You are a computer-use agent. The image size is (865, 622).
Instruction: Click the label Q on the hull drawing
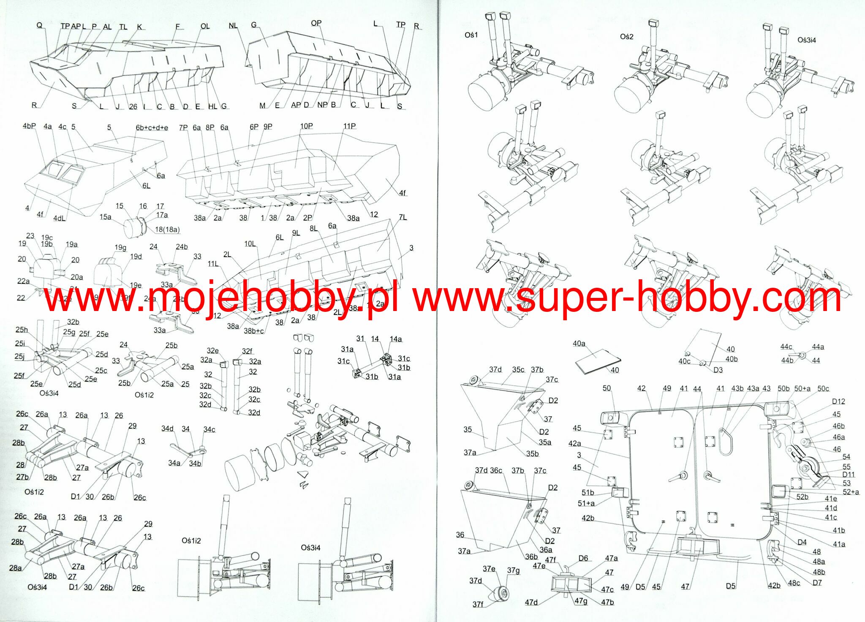point(39,25)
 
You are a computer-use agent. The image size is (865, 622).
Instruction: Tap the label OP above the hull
point(316,23)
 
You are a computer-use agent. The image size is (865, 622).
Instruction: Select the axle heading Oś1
point(471,35)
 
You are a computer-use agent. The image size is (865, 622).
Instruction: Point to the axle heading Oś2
point(626,37)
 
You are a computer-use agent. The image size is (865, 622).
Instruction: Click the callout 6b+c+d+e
point(152,128)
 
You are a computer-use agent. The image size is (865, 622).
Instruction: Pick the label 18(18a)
point(167,229)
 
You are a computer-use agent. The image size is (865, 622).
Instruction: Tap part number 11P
point(349,126)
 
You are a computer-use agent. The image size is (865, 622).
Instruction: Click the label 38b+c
point(253,331)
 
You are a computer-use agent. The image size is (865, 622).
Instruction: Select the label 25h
point(22,330)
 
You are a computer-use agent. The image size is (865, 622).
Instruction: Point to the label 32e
point(212,351)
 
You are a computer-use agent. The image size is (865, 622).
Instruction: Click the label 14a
point(396,339)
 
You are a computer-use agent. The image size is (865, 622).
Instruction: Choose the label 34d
point(167,429)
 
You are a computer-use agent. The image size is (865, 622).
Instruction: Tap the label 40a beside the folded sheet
point(579,344)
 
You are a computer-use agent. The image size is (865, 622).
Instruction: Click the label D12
point(838,401)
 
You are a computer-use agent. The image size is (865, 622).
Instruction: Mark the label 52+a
point(851,492)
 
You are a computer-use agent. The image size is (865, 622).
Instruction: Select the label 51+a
point(586,503)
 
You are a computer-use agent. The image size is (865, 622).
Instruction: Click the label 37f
point(478,604)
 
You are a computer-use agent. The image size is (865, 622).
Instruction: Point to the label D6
point(583,558)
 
